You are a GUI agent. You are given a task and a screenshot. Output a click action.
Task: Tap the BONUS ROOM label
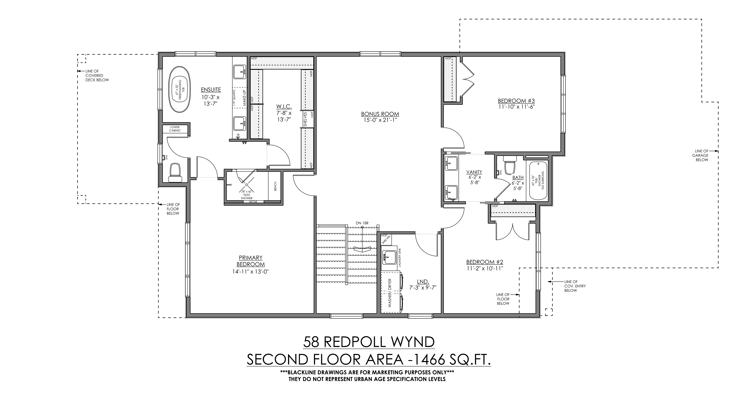pyautogui.click(x=380, y=114)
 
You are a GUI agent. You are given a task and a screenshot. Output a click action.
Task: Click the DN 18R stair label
pyautogui.click(x=362, y=223)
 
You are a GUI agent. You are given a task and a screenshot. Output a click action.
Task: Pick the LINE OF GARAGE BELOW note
pyautogui.click(x=701, y=155)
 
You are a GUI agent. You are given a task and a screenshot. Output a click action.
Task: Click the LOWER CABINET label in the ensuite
pyautogui.click(x=175, y=129)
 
